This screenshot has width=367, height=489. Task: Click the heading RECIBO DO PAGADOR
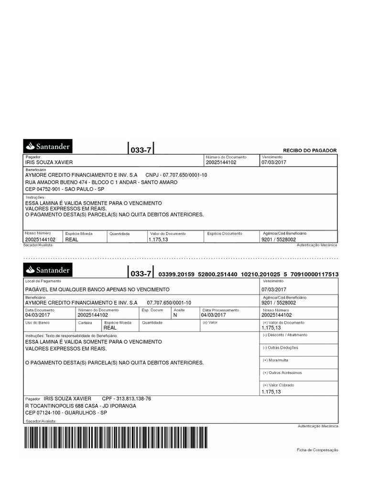(310, 150)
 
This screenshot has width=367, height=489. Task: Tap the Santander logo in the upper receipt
(48, 146)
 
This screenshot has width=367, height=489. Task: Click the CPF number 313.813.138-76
(127, 398)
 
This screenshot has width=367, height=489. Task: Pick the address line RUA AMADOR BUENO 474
(101, 182)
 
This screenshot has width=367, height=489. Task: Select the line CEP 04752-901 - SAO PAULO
(65, 189)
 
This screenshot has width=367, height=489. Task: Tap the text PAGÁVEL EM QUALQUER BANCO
(97, 289)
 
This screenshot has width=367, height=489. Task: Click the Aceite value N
(175, 315)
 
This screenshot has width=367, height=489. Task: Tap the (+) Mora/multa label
(276, 360)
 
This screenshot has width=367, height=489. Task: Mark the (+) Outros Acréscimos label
(282, 372)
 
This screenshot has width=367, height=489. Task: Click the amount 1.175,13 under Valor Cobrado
(271, 392)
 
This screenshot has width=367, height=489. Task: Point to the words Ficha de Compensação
(317, 450)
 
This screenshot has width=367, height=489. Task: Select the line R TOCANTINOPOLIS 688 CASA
(80, 405)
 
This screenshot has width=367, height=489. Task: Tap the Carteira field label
(85, 323)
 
